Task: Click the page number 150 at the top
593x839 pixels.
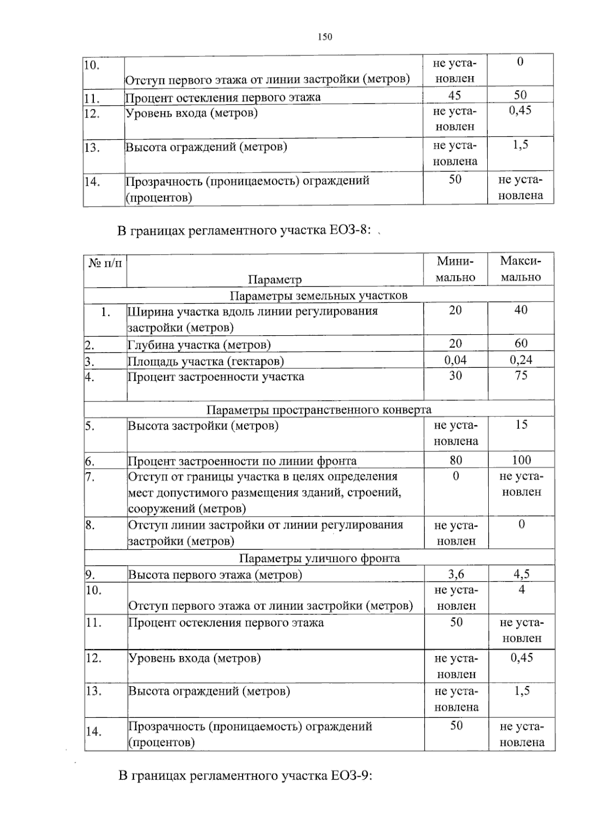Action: [325, 37]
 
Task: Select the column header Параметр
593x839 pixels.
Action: [275, 279]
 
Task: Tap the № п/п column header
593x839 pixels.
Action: [105, 262]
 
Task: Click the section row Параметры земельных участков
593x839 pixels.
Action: [319, 296]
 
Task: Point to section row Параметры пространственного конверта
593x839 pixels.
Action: [319, 409]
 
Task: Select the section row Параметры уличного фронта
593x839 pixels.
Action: [319, 558]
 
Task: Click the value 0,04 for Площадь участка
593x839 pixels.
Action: [455, 360]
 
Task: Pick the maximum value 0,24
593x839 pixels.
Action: [521, 360]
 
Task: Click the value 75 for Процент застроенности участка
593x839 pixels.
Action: [521, 376]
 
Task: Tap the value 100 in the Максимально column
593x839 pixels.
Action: [521, 460]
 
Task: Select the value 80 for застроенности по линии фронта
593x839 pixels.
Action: [456, 460]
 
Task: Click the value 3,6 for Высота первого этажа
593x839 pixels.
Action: [456, 574]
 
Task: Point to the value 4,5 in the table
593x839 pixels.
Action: [521, 574]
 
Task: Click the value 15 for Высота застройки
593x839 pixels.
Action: [521, 425]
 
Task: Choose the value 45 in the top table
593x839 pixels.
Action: [454, 95]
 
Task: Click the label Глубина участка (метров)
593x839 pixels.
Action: [199, 345]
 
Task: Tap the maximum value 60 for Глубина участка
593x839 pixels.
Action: [521, 343]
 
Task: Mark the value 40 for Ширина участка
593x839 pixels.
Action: [521, 310]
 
